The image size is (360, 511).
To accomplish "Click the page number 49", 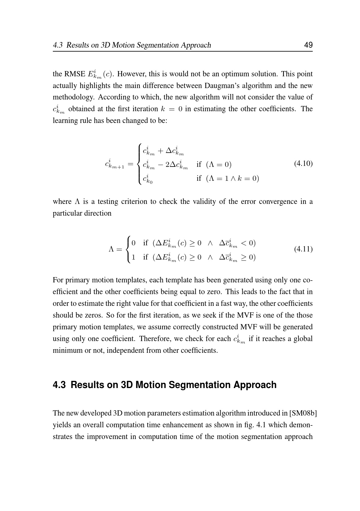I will coord(308,45).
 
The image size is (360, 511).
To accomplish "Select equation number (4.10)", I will coord(303,163).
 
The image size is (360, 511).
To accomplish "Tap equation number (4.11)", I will coord(303,249).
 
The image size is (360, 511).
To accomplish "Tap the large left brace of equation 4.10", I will coord(140,164).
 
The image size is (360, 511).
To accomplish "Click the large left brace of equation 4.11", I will coord(128,249).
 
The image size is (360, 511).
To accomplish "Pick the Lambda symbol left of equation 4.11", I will coord(112,249).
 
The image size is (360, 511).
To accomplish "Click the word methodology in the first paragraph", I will coord(73,97).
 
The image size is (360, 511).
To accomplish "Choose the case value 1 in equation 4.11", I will coord(133,257).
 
